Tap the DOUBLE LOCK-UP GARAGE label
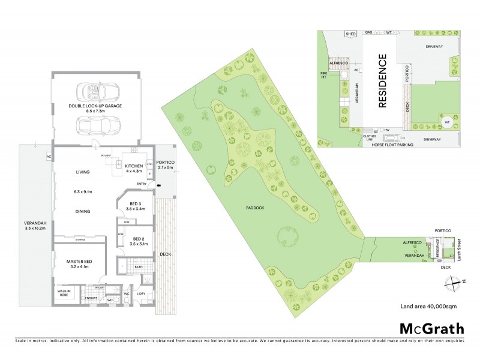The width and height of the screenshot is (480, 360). tap(95, 108)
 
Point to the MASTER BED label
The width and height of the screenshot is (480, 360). tap(79, 262)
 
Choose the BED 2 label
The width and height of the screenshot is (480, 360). tap(139, 242)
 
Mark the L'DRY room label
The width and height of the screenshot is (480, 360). tap(141, 293)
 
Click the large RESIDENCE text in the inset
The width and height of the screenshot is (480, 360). tap(382, 80)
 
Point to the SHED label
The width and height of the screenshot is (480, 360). tap(351, 35)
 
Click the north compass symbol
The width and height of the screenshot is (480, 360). tap(459, 281)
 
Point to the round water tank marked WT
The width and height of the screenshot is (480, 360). tap(446, 122)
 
